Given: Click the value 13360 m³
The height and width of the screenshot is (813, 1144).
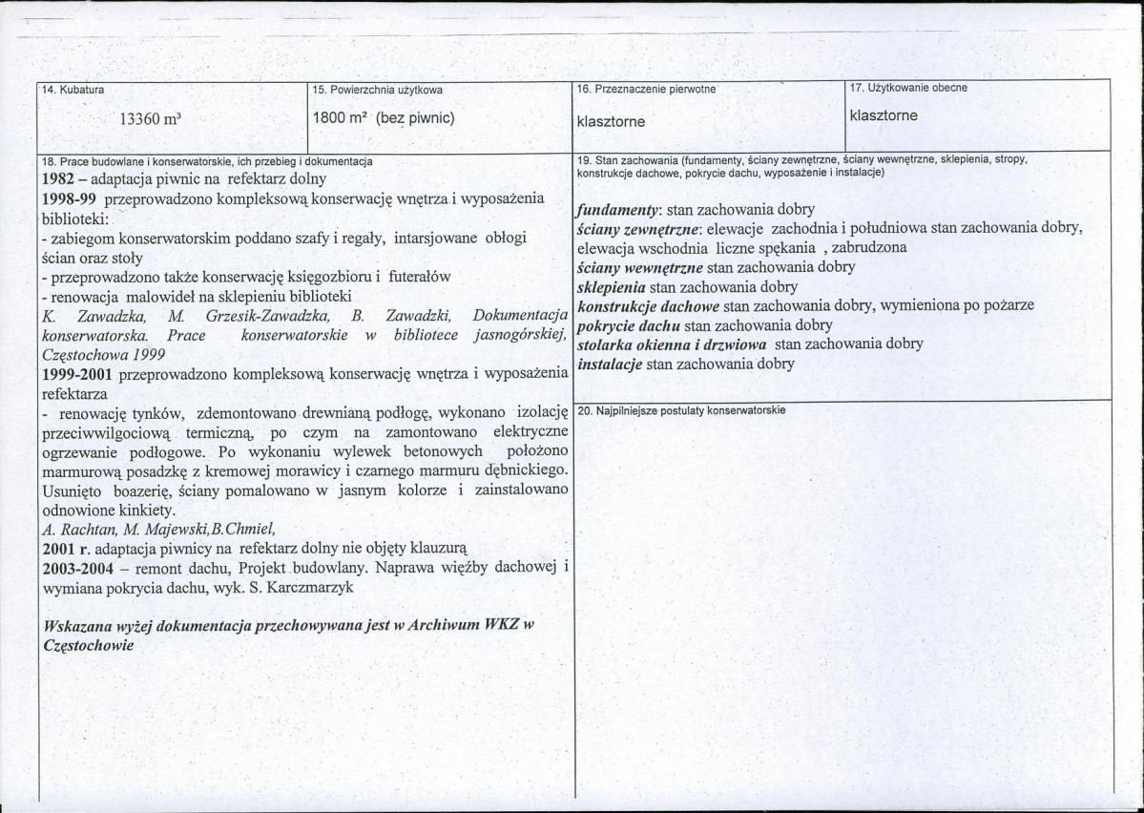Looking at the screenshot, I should [x=151, y=120].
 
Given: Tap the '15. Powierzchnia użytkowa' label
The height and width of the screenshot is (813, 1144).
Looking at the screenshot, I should [x=378, y=90].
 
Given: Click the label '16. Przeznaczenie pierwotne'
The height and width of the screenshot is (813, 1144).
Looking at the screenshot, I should [x=646, y=89].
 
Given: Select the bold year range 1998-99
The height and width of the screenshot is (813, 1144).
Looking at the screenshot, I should [x=73, y=198].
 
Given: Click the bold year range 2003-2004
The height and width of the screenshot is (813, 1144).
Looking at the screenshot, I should [x=83, y=568].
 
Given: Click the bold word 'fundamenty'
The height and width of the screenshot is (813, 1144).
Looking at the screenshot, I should [x=619, y=209].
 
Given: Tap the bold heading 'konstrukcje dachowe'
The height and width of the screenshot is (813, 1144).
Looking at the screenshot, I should [x=648, y=305].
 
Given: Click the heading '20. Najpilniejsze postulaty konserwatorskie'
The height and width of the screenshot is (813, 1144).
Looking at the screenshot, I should [x=681, y=410].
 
